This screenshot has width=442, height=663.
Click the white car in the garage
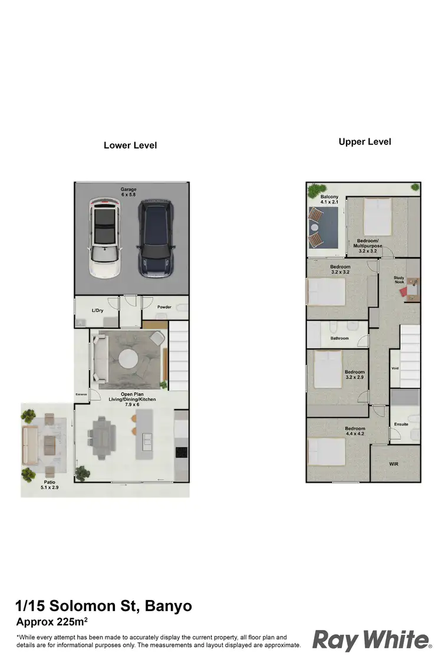[x=104, y=238]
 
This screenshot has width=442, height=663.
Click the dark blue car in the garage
[x=155, y=238]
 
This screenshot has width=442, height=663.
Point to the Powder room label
[x=164, y=306]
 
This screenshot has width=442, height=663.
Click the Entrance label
[x=81, y=394]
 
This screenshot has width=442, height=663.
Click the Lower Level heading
[x=130, y=145]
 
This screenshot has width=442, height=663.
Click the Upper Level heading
[x=365, y=141]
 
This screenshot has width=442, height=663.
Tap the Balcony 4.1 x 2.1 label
[x=329, y=199]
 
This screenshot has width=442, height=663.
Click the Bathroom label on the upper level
[x=339, y=338]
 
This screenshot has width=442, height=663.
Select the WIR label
[x=395, y=464]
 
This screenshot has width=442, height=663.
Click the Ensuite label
[x=401, y=424]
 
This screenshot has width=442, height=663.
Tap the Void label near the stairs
[x=395, y=368]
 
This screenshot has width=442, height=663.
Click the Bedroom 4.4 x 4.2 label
[x=355, y=431]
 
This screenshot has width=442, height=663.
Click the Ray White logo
[x=371, y=639]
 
